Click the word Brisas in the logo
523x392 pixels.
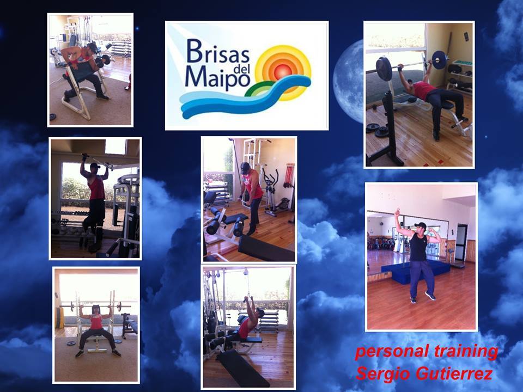tap(218, 51)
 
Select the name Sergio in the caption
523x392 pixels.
tap(381, 373)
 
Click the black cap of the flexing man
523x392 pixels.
tap(421, 225)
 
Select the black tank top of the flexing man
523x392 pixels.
tap(418, 247)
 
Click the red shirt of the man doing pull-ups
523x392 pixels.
tap(97, 188)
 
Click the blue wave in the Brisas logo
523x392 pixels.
tap(245, 97)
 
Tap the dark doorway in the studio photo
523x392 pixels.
tap(461, 242)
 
